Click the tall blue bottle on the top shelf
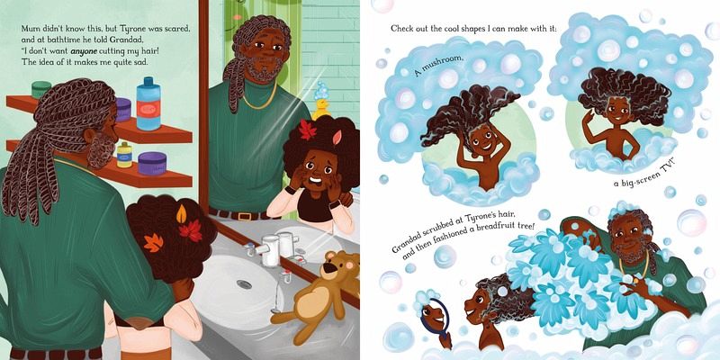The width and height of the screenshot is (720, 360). tap(148, 103)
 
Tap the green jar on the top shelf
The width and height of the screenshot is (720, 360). tap(41, 89)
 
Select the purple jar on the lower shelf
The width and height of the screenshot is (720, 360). tap(152, 164)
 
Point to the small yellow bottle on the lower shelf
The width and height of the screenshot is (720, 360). tap(124, 154)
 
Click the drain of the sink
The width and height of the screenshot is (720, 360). tap(244, 284)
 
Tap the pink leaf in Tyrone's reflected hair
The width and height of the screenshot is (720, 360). tap(338, 137)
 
